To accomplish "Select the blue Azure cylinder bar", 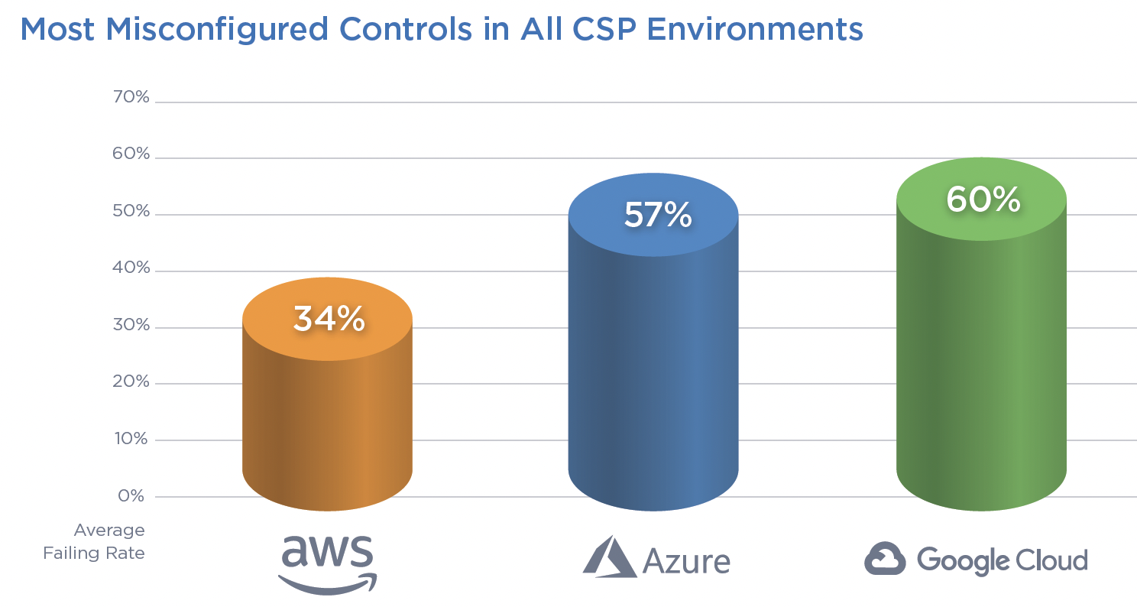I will [x=653, y=367].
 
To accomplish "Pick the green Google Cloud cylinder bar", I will [x=981, y=359].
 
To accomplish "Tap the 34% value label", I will [x=329, y=319].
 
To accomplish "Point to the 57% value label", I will [x=657, y=216].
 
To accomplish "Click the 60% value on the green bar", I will [x=983, y=200].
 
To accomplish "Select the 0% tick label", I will [x=131, y=495].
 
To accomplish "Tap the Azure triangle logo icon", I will [x=609, y=557].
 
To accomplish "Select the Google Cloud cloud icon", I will [x=885, y=558].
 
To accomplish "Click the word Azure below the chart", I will [x=686, y=561].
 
